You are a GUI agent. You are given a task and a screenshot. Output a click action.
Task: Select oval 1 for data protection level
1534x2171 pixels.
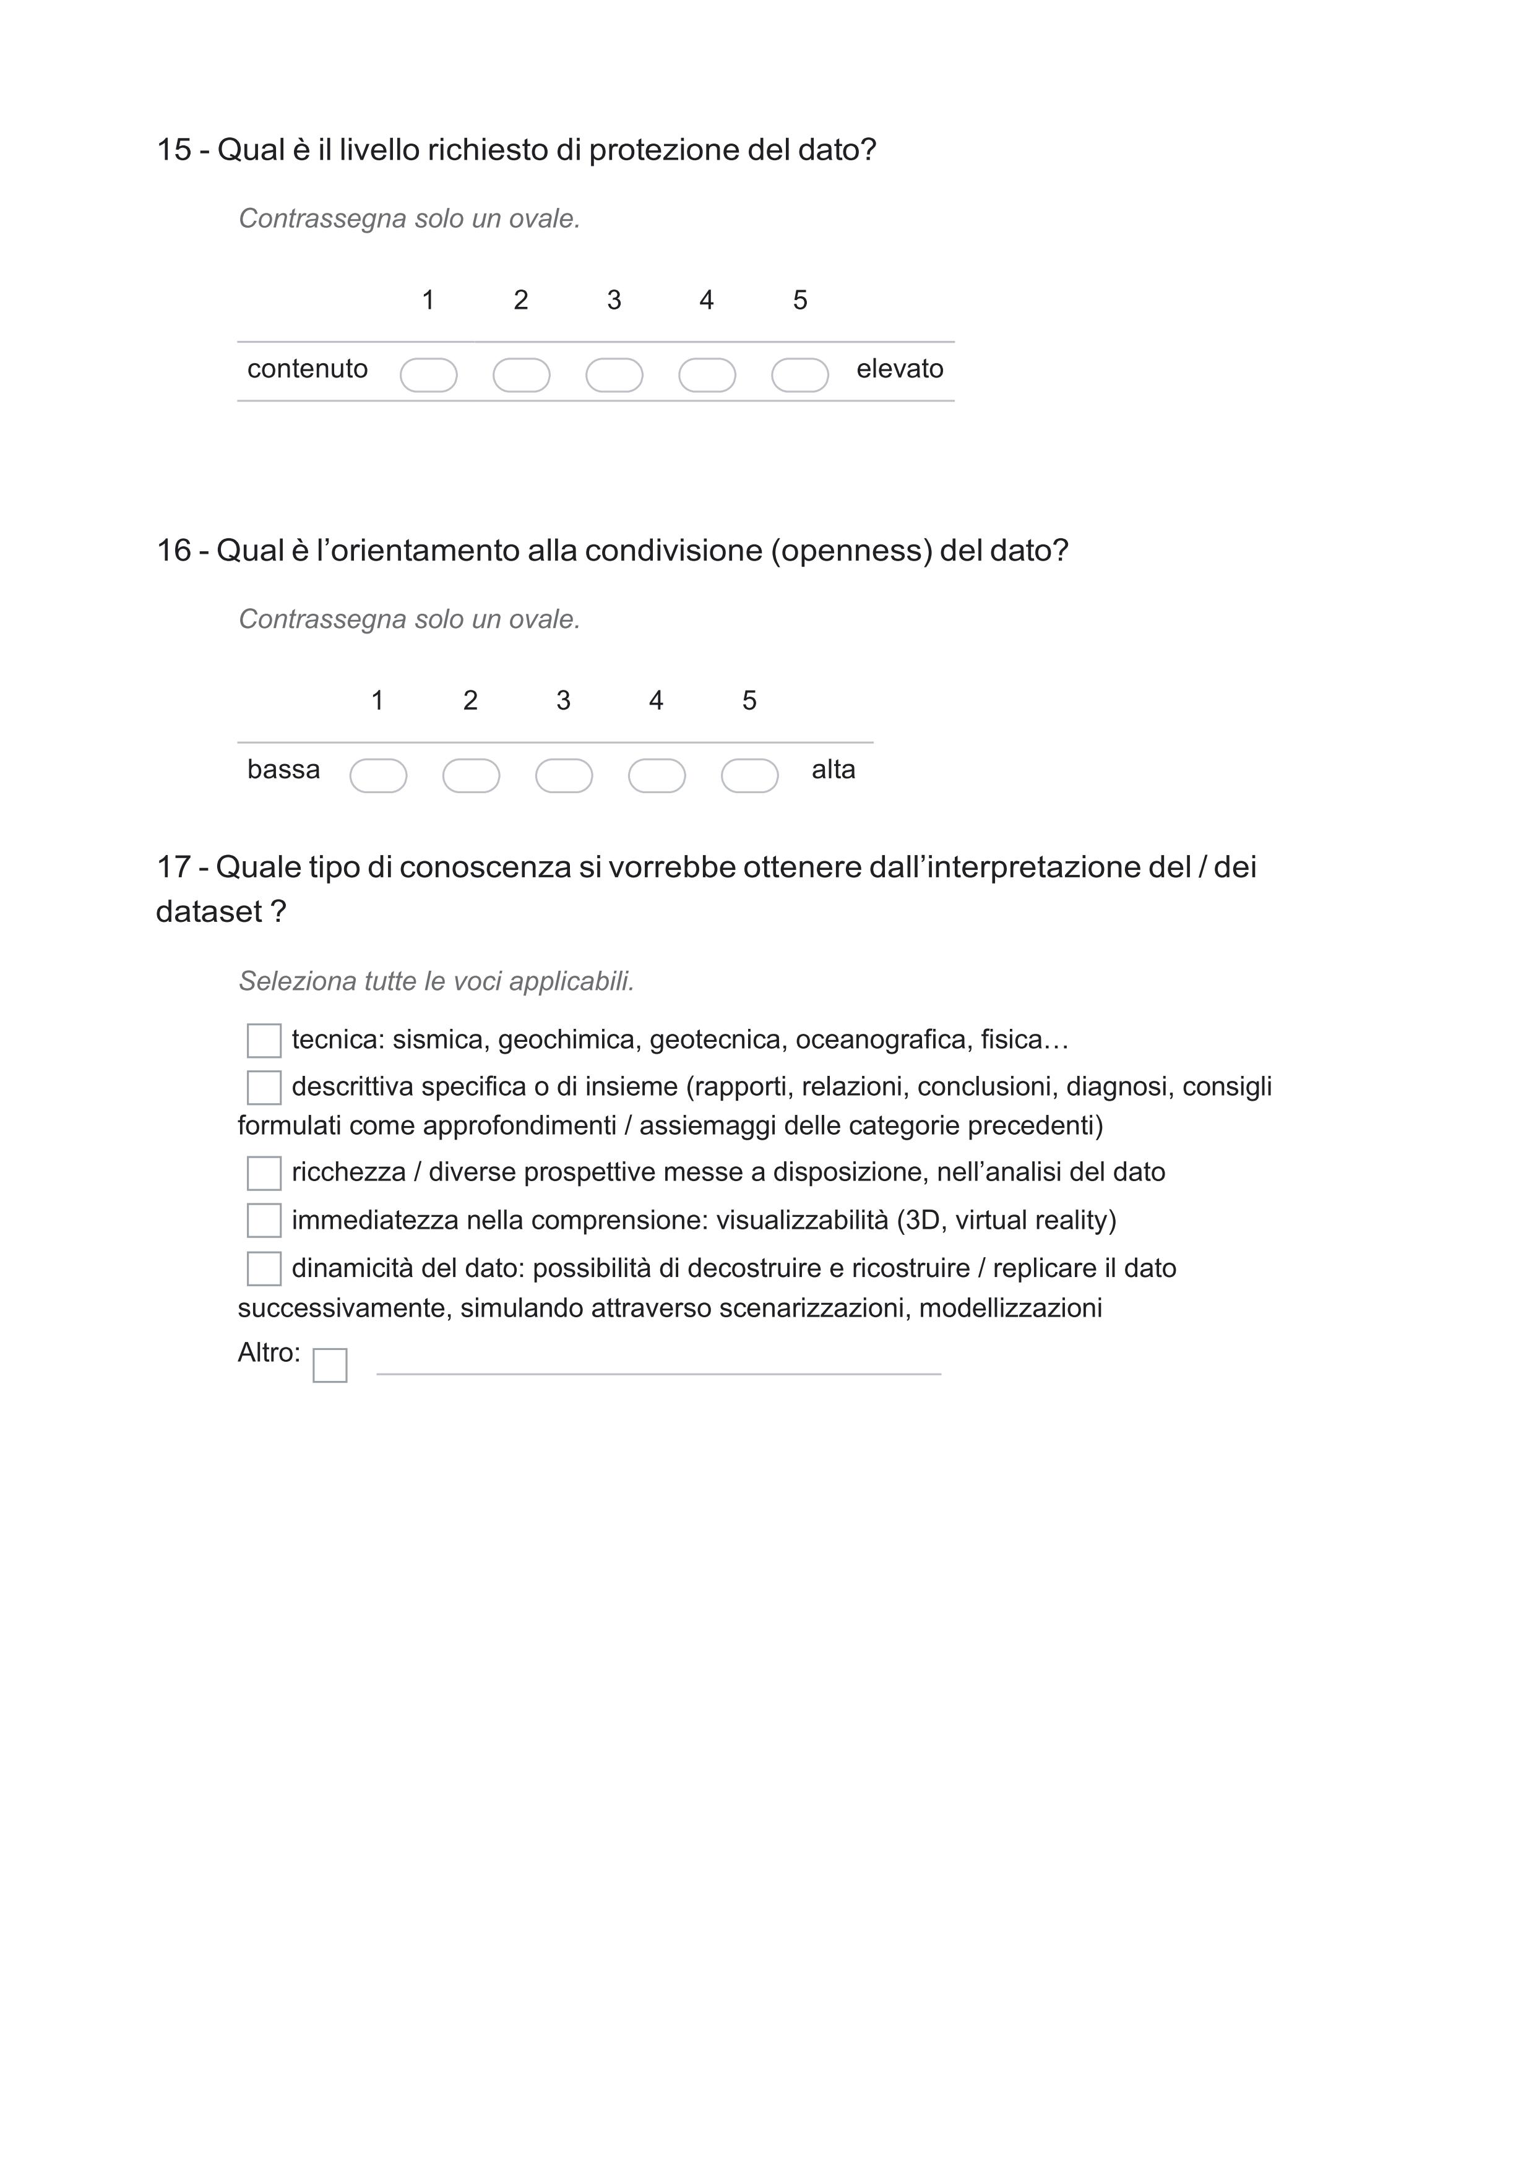pyautogui.click(x=428, y=376)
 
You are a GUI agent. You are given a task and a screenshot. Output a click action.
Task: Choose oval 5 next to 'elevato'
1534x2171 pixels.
pyautogui.click(x=800, y=376)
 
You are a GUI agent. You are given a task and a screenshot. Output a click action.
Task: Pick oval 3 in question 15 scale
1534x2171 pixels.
pyautogui.click(x=614, y=376)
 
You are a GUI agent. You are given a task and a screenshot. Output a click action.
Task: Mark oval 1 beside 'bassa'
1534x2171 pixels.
pyautogui.click(x=378, y=776)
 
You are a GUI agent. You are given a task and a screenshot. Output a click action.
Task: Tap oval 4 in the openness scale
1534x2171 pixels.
pyautogui.click(x=657, y=776)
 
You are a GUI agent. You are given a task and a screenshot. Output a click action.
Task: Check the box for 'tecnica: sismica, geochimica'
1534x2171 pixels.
pyautogui.click(x=264, y=1041)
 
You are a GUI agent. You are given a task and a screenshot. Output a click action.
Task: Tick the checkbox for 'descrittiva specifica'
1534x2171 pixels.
pyautogui.click(x=264, y=1088)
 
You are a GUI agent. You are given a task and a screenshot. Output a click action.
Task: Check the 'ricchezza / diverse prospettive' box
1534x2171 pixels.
pyautogui.click(x=264, y=1174)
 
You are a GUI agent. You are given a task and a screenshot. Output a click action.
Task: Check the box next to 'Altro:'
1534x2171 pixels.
pyautogui.click(x=330, y=1365)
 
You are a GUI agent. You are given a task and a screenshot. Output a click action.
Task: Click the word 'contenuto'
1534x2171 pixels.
pyautogui.click(x=308, y=369)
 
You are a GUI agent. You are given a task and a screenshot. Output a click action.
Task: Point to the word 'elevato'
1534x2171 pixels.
pyautogui.click(x=899, y=369)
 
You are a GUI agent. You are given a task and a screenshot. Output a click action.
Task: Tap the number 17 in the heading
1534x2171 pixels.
pyautogui.click(x=173, y=867)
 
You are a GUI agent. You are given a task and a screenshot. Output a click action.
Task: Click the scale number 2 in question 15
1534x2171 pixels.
pyautogui.click(x=521, y=301)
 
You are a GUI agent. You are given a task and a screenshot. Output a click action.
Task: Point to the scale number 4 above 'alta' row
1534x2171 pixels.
pyautogui.click(x=657, y=700)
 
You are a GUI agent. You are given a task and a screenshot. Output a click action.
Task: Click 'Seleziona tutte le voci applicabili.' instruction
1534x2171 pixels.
pyautogui.click(x=436, y=981)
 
